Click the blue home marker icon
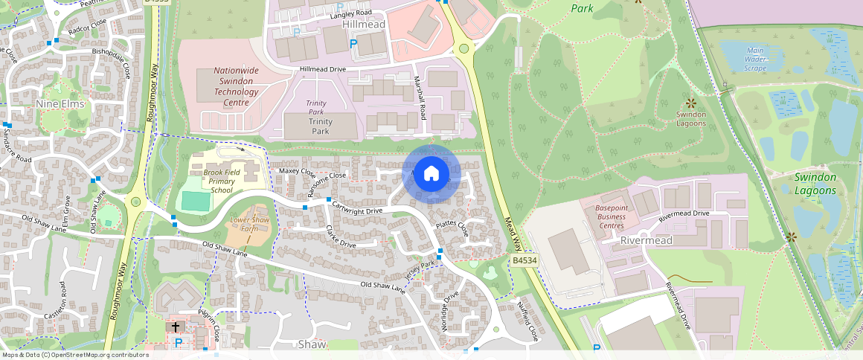(431, 174)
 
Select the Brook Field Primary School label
(222, 181)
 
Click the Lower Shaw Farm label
(248, 224)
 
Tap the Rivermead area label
(647, 240)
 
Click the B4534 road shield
(524, 260)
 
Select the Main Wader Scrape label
(754, 59)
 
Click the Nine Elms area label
(60, 104)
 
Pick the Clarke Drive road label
(341, 239)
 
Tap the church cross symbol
(176, 327)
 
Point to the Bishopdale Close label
(111, 60)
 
